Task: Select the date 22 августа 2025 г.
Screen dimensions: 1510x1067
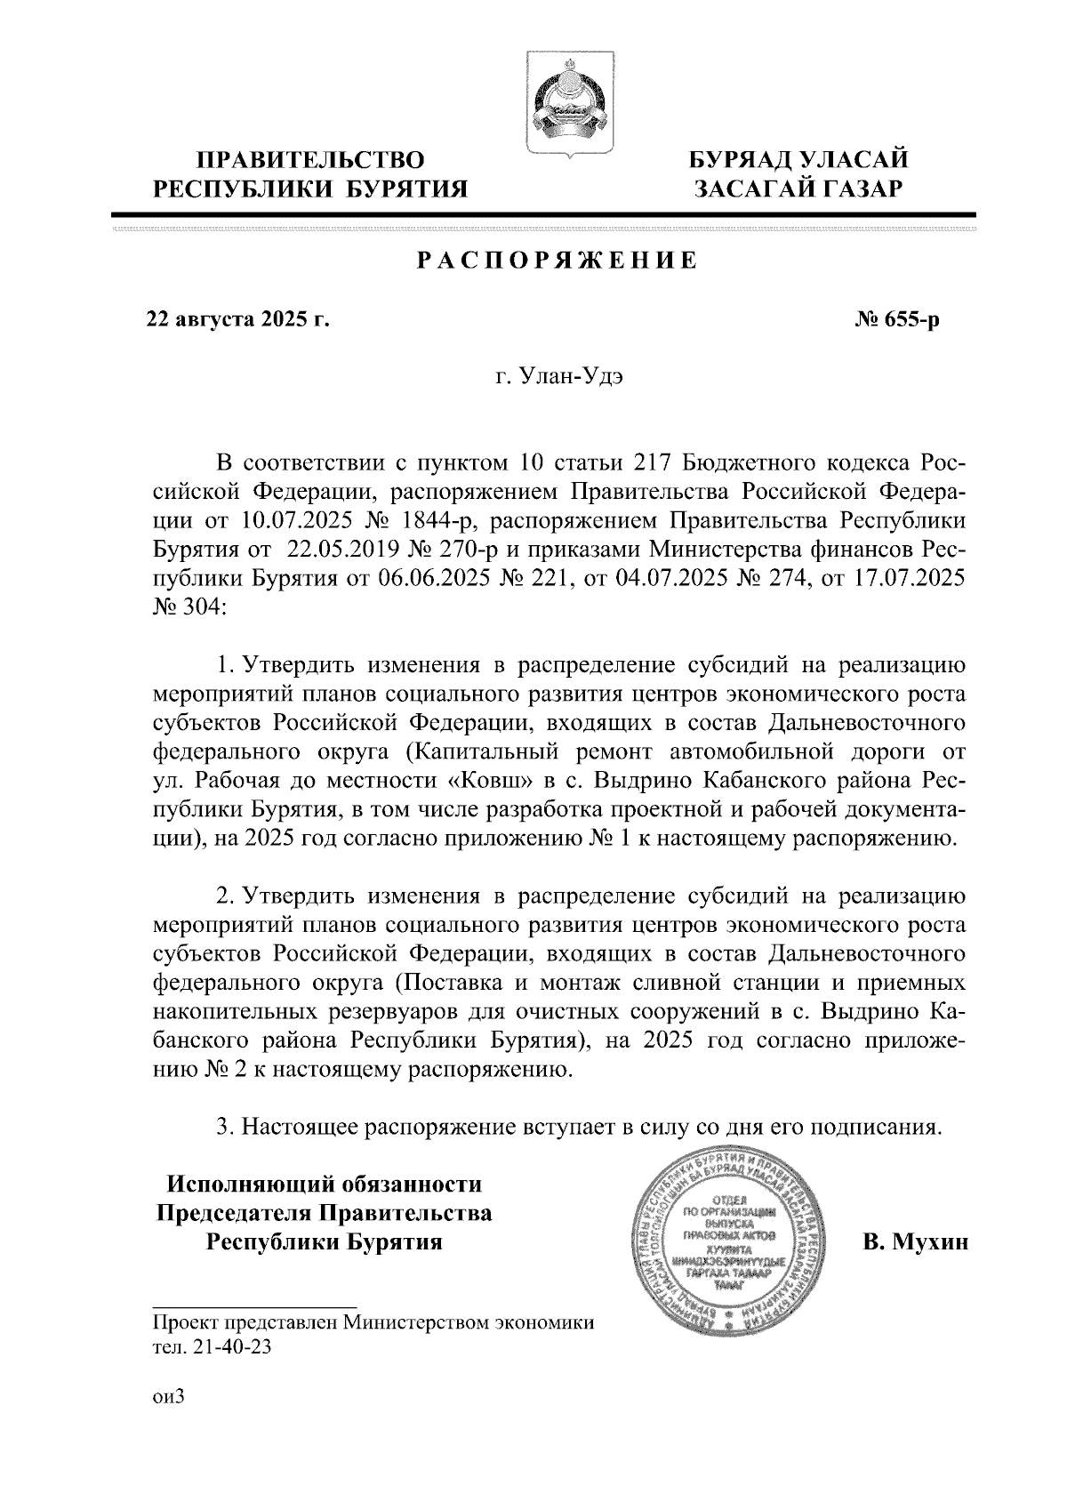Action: [238, 318]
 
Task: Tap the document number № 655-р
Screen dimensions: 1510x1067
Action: [897, 318]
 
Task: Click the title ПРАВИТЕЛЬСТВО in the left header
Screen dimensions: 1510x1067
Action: [309, 161]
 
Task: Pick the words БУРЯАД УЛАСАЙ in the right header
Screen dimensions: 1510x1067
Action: [800, 161]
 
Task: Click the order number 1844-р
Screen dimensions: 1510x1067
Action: [441, 520]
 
